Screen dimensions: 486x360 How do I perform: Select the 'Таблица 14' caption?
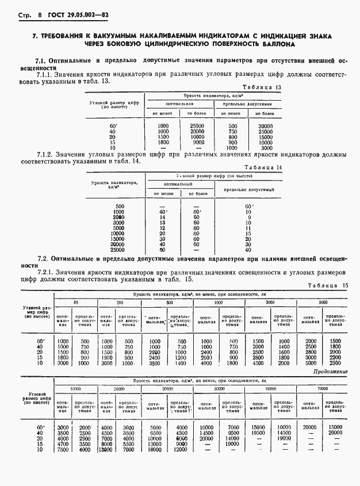(320, 167)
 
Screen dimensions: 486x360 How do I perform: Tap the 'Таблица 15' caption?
(328, 285)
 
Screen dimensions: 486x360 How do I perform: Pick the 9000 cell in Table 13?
(197, 142)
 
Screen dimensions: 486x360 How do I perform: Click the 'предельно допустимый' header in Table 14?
(248, 189)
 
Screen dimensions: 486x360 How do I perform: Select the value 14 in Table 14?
(163, 217)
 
